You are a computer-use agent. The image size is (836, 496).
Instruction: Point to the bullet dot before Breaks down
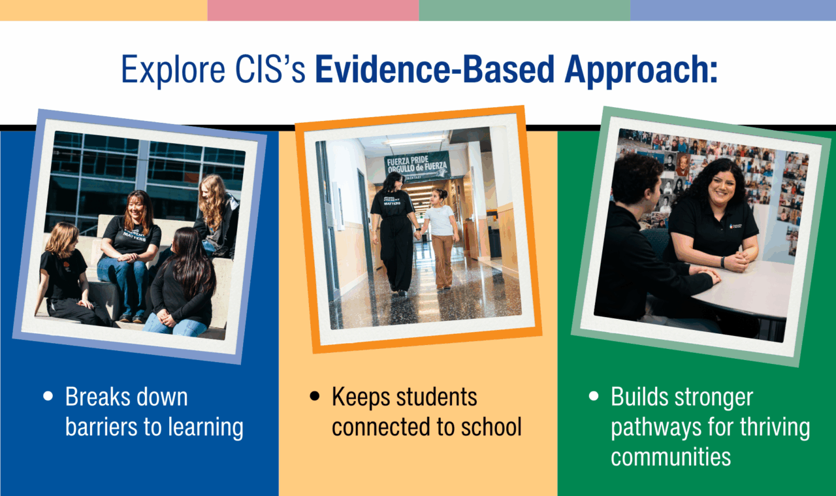pyautogui.click(x=48, y=397)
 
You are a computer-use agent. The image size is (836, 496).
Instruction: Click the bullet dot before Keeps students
pyautogui.click(x=315, y=397)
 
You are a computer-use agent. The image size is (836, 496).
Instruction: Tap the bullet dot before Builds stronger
pyautogui.click(x=594, y=397)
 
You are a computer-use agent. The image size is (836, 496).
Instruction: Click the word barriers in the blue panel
pyautogui.click(x=102, y=427)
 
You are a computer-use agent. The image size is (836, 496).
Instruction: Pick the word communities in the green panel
pyautogui.click(x=671, y=457)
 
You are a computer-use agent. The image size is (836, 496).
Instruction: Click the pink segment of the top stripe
pyautogui.click(x=313, y=10)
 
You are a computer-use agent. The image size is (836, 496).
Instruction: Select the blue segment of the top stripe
pyautogui.click(x=733, y=10)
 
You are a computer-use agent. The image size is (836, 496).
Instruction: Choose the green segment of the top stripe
pyautogui.click(x=524, y=10)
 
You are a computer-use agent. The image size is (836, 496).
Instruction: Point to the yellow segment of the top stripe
pyautogui.click(x=103, y=10)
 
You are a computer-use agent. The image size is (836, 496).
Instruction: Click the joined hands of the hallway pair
pyautogui.click(x=418, y=230)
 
